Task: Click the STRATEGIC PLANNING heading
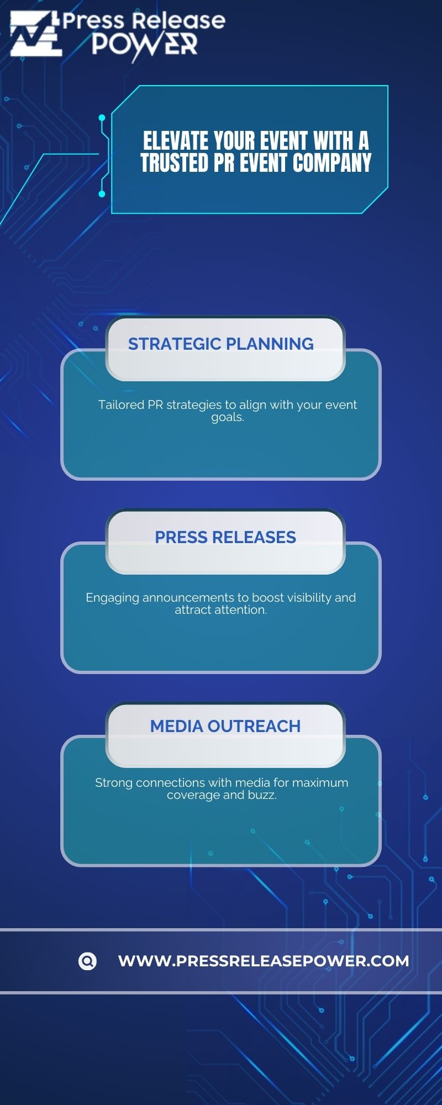coord(221,344)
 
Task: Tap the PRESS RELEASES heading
coord(225,537)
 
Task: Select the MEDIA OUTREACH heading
coord(225,726)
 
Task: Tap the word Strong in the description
coord(113,783)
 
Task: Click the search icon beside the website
coord(87,961)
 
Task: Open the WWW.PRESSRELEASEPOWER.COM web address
coord(264,961)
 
